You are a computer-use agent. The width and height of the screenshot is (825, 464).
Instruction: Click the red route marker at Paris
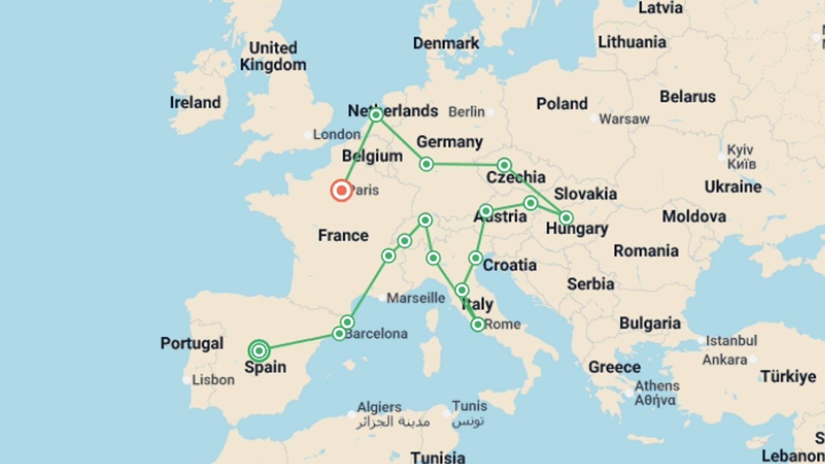342,190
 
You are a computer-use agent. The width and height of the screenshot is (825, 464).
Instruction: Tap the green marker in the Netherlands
376,115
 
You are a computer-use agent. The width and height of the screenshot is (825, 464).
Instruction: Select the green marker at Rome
478,324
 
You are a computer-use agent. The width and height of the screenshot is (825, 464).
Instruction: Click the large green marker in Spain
259,351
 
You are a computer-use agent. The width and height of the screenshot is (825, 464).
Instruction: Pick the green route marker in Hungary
566,218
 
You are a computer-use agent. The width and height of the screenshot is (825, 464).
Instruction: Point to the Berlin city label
466,112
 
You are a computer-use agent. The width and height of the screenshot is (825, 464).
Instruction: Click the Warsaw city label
624,119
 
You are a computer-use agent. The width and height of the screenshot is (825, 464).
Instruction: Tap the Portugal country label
192,343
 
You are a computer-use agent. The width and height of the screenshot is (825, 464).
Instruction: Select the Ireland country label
195,103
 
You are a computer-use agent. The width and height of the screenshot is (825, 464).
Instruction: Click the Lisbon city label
213,380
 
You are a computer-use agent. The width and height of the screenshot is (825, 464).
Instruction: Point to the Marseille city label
416,298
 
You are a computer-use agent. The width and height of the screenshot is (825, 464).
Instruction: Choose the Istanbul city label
731,341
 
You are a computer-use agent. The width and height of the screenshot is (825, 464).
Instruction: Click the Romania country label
646,250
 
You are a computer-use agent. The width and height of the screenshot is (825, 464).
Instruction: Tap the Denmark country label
446,43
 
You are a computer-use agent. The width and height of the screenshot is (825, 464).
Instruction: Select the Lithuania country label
632,42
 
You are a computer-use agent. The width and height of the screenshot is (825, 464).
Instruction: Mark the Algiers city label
379,406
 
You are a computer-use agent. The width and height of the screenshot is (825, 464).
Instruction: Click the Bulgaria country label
650,323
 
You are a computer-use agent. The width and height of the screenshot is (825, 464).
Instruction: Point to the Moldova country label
694,216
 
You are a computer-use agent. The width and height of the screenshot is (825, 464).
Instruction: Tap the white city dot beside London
308,135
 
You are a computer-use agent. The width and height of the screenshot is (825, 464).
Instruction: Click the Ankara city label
724,359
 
